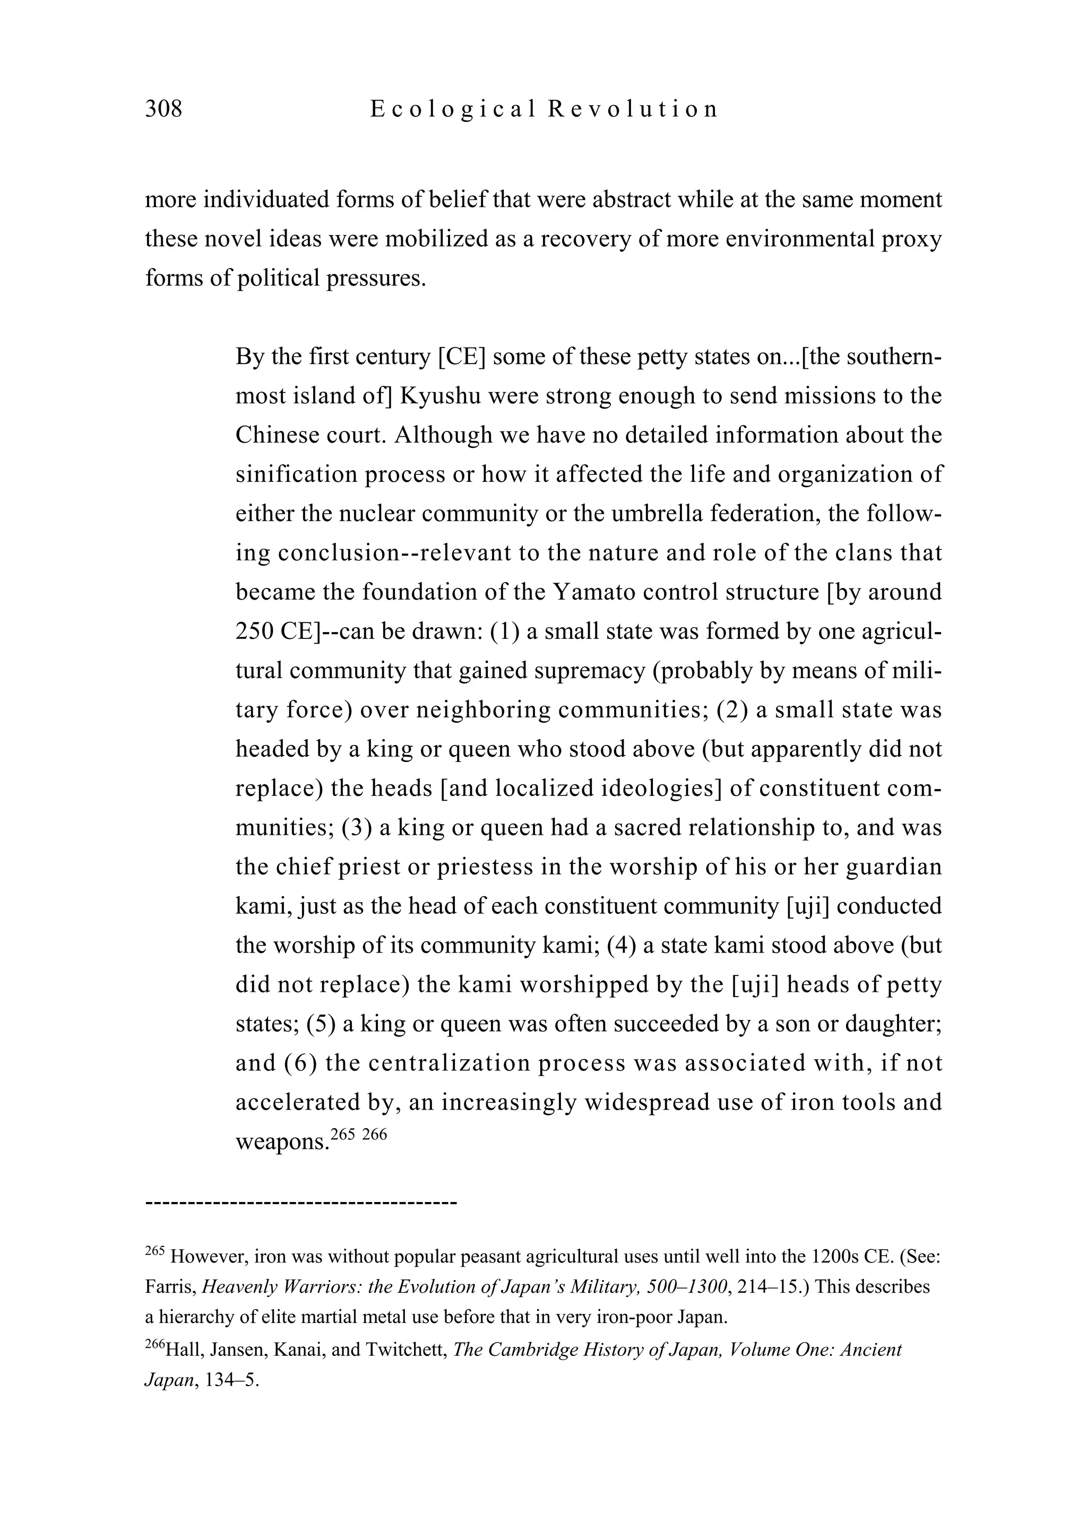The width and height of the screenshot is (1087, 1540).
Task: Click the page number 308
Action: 163,109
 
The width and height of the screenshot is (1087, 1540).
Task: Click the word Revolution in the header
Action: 633,109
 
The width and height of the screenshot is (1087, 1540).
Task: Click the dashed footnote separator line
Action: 300,1202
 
